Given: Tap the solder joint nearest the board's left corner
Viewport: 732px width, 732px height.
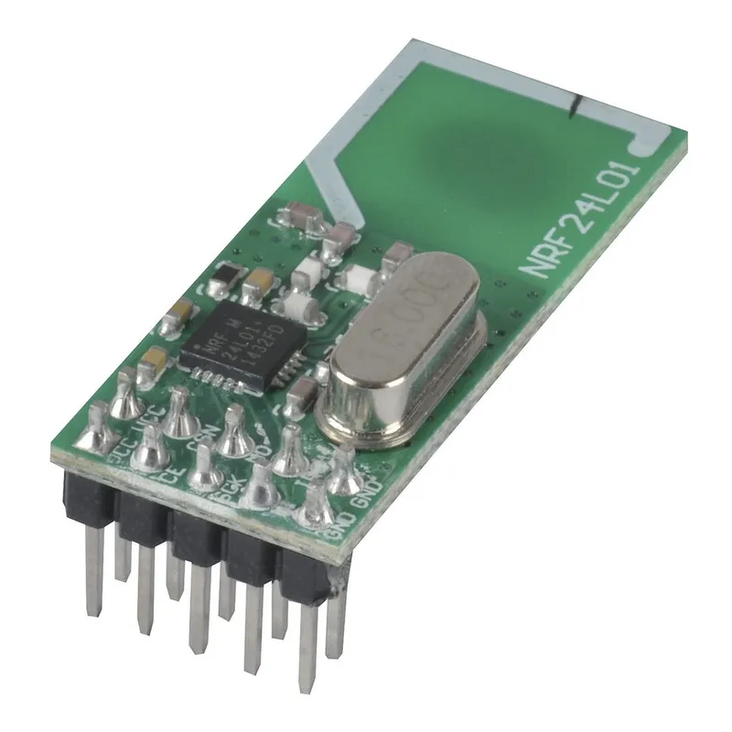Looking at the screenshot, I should click(97, 437).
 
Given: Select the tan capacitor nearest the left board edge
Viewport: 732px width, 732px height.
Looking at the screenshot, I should click(154, 360).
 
